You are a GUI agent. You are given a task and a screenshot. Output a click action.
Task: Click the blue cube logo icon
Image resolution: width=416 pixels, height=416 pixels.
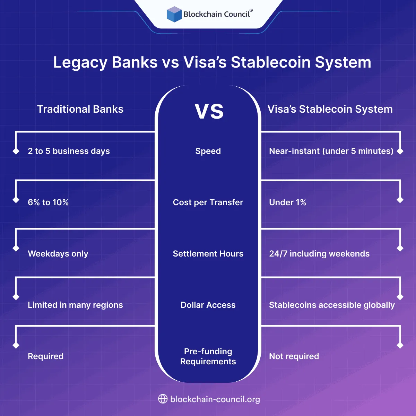(174, 14)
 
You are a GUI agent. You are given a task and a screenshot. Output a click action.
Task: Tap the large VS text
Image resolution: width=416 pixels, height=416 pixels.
(209, 111)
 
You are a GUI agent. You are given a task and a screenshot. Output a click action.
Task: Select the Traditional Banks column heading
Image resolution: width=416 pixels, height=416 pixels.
(80, 109)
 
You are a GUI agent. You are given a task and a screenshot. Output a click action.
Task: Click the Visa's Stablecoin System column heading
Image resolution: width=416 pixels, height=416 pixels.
(330, 109)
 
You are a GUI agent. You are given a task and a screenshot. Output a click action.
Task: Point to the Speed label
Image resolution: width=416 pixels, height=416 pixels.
(208, 151)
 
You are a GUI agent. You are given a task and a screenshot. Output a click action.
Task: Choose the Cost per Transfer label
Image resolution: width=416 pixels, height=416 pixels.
(208, 202)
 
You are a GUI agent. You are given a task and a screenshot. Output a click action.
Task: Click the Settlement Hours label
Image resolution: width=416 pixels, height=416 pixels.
(208, 254)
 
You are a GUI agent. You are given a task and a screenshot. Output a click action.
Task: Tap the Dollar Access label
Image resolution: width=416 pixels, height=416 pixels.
(208, 305)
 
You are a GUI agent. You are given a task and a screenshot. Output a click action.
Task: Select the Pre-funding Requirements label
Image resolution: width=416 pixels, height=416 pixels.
(208, 356)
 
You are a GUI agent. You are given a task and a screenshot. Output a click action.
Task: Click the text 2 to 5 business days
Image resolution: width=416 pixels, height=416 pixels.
(69, 151)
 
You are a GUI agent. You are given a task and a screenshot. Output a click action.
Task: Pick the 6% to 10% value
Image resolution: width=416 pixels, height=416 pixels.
(48, 202)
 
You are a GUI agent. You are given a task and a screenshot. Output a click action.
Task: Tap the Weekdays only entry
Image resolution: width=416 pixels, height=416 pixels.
(58, 254)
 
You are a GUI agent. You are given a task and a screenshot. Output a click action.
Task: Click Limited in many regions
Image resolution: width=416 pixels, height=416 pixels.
(75, 305)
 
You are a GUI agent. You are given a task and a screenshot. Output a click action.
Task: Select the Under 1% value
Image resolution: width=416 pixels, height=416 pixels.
(288, 202)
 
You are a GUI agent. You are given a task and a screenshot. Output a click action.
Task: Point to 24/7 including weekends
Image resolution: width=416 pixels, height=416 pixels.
(319, 254)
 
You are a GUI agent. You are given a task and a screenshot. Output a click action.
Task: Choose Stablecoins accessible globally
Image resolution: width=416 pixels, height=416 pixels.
(332, 305)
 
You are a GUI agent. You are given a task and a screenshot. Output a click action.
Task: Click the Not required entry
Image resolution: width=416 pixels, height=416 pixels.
(294, 356)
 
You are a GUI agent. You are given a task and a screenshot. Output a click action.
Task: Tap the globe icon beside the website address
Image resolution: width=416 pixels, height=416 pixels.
(163, 399)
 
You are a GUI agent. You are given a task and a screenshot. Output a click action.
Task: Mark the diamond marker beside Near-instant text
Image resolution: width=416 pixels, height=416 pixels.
(400, 151)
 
